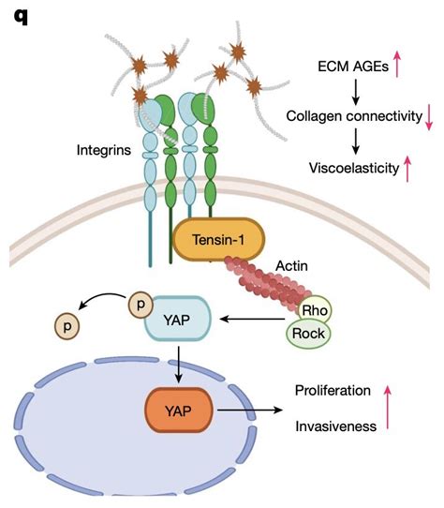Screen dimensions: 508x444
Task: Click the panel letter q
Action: click(20, 17)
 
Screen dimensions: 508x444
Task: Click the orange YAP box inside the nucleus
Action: click(178, 410)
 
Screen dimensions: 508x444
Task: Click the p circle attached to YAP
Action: click(141, 304)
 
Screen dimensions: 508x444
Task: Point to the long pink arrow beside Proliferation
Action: click(413, 406)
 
